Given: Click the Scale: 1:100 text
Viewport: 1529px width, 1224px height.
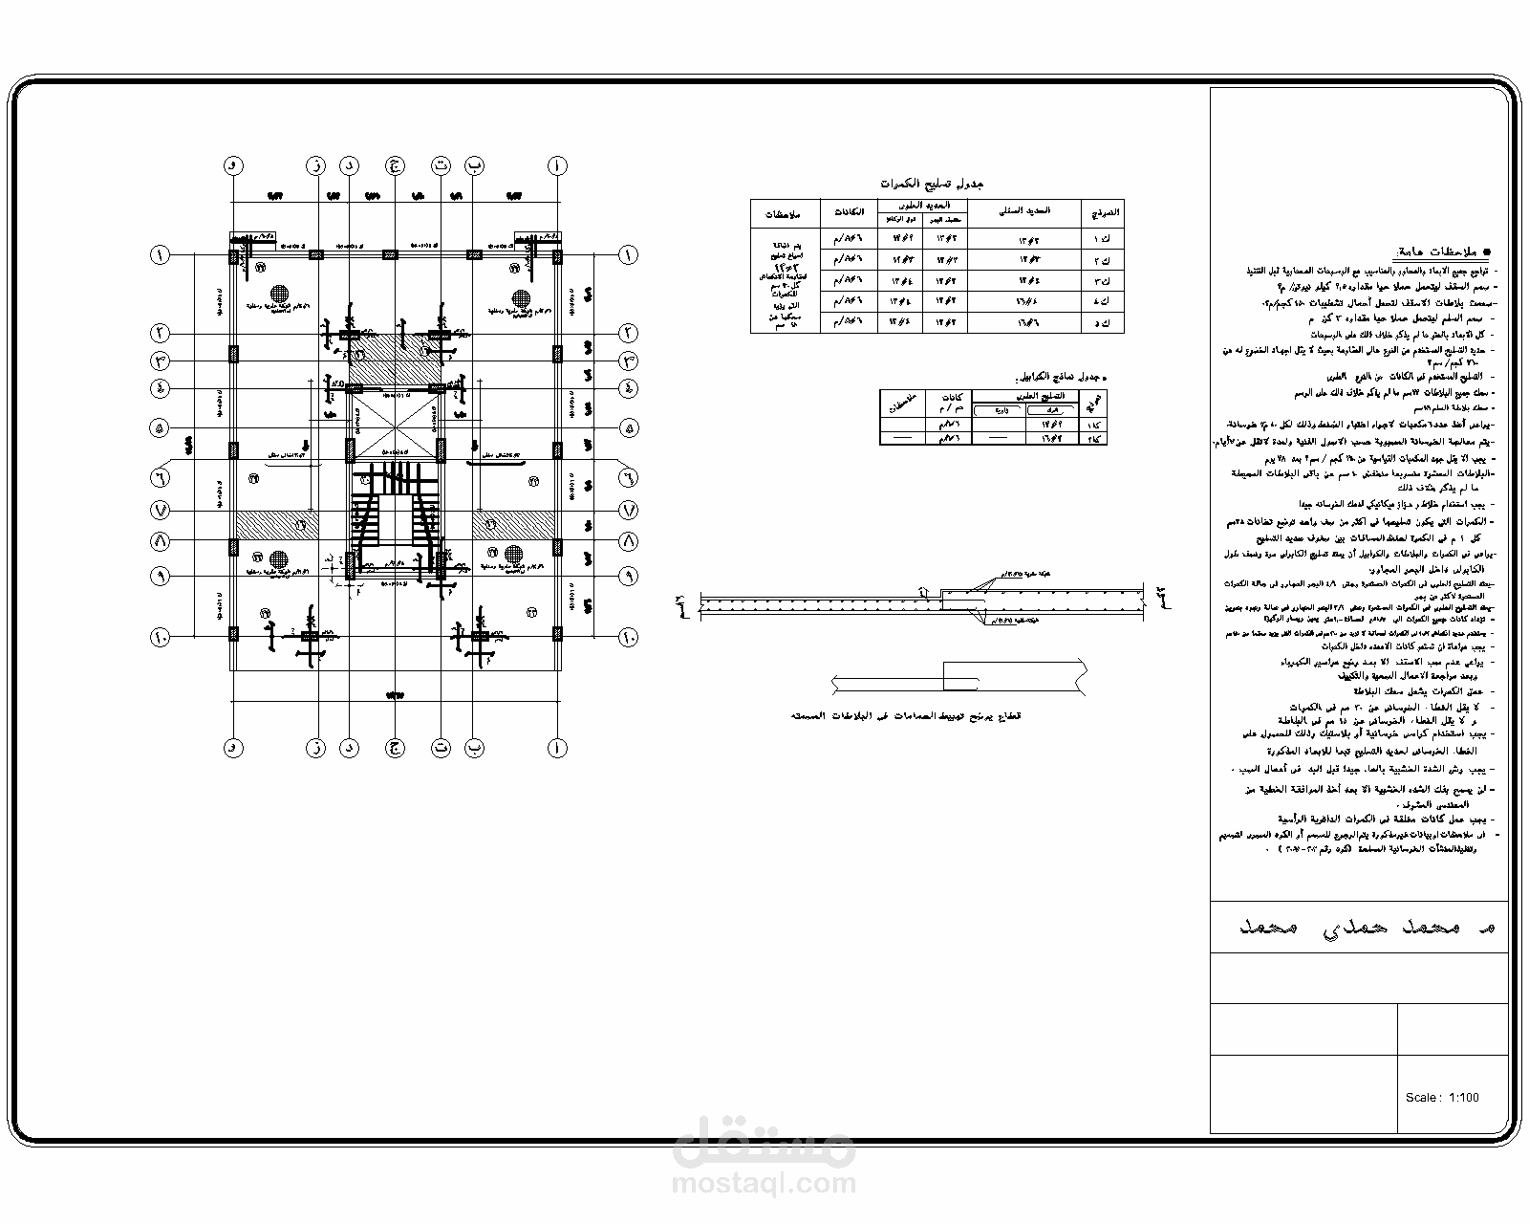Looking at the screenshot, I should click(x=1442, y=1097).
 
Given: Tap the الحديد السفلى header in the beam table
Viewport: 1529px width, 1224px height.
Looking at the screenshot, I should click(x=1023, y=211).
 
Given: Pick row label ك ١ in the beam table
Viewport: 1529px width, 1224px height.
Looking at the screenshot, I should click(x=1102, y=238).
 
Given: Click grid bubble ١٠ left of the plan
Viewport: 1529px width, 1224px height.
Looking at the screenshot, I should click(x=159, y=636).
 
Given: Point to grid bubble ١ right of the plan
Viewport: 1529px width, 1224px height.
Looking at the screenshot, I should click(x=628, y=255).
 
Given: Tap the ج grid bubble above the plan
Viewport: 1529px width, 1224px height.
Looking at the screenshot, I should click(x=393, y=165).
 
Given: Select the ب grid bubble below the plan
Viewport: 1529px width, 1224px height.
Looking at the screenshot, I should click(x=475, y=748).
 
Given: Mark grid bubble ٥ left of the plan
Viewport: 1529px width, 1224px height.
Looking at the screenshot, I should click(x=159, y=427).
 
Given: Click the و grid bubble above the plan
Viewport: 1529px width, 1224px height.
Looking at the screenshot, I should click(x=232, y=165).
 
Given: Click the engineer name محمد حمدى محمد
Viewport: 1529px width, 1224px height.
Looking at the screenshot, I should click(x=1357, y=928).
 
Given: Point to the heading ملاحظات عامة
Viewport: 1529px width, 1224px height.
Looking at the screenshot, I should click(x=1442, y=251).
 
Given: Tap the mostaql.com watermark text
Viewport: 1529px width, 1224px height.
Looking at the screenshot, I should click(x=764, y=1184).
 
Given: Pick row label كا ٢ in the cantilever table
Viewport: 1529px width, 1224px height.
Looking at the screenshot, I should click(x=1093, y=438).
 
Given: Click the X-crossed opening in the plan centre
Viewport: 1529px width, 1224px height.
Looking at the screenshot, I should click(x=394, y=426).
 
